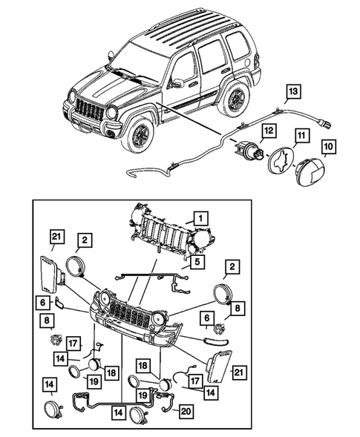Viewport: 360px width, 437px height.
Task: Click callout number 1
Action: coord(199,217)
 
